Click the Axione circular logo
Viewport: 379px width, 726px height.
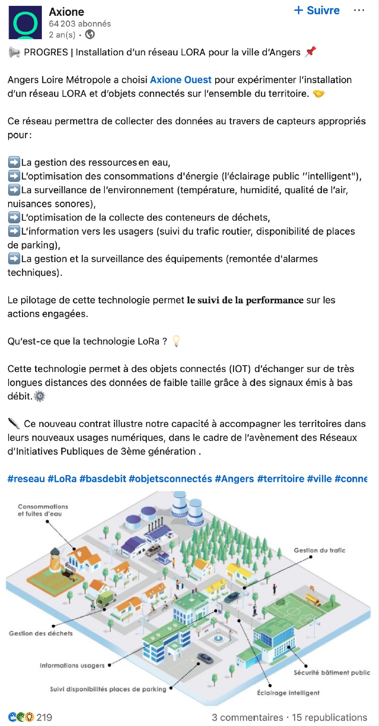pyautogui.click(x=25, y=23)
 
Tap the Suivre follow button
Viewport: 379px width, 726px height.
pyautogui.click(x=317, y=11)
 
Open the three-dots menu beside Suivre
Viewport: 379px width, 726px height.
pyautogui.click(x=359, y=11)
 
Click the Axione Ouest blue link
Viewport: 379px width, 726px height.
pyautogui.click(x=180, y=80)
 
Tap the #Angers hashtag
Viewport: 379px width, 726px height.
pyautogui.click(x=234, y=479)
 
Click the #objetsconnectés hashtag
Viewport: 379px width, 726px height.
pyautogui.click(x=170, y=479)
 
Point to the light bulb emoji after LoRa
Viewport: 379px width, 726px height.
pyautogui.click(x=176, y=341)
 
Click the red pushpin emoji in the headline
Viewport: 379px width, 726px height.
pyautogui.click(x=310, y=52)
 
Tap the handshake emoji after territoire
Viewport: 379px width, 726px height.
pyautogui.click(x=319, y=94)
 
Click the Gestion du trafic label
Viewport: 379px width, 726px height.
pyautogui.click(x=320, y=550)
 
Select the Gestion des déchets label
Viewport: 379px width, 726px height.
pyautogui.click(x=41, y=633)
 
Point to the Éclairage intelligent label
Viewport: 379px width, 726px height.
pyautogui.click(x=288, y=693)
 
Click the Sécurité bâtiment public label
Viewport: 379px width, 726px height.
pyautogui.click(x=332, y=672)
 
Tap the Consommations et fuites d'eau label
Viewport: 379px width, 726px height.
pyautogui.click(x=43, y=510)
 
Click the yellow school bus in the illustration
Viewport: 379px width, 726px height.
pyautogui.click(x=312, y=599)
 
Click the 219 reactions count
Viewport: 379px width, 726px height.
pyautogui.click(x=44, y=717)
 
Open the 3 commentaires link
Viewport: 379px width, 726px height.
pyautogui.click(x=247, y=717)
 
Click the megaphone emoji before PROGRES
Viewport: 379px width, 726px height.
pyautogui.click(x=14, y=53)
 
